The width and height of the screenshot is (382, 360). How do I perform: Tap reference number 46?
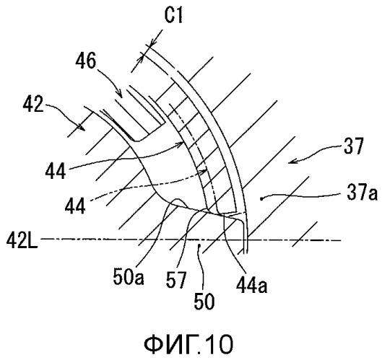(x=85, y=61)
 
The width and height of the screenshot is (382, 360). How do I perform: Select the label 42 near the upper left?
(x=33, y=105)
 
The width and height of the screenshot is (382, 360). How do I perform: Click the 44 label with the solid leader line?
(x=56, y=171)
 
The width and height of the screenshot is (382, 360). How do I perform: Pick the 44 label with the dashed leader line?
(x=75, y=206)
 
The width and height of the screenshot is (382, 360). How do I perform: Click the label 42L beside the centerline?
(x=22, y=240)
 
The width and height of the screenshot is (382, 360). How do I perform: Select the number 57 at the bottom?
(x=176, y=280)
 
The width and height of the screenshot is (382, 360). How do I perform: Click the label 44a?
(x=252, y=285)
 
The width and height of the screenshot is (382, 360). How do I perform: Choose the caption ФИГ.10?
(x=188, y=344)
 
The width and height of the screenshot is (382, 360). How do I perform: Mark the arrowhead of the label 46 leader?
(x=119, y=95)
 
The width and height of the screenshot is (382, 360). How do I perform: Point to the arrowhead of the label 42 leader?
(x=82, y=128)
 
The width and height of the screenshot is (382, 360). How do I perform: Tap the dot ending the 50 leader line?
(x=199, y=245)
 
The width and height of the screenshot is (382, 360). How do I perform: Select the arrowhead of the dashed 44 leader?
(x=206, y=170)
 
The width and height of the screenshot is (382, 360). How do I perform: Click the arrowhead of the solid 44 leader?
(x=182, y=142)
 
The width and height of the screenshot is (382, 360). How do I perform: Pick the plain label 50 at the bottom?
(x=204, y=301)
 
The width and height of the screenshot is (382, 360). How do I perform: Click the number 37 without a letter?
(x=354, y=146)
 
